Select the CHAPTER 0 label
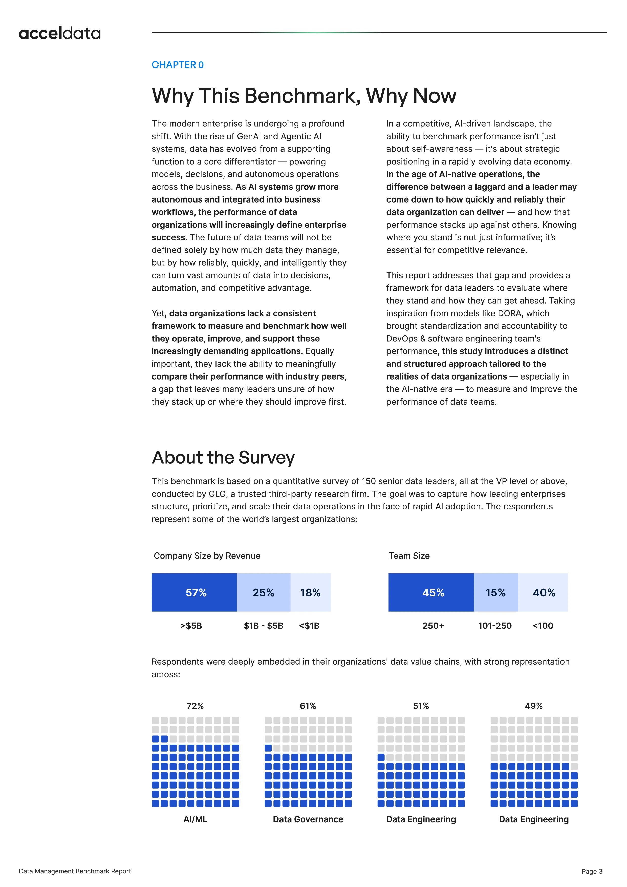point(177,65)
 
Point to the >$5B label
point(191,626)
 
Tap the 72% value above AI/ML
point(195,706)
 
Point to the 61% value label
point(308,706)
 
